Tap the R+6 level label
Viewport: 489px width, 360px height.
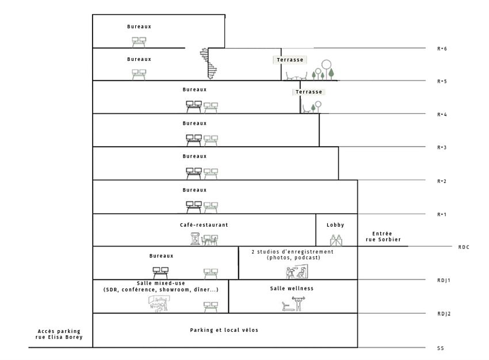tap(442, 49)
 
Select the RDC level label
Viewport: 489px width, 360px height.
tap(464, 247)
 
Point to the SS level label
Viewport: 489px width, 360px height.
tap(440, 348)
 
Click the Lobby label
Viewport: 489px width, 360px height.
tap(335, 225)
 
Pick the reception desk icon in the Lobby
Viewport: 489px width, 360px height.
tap(336, 240)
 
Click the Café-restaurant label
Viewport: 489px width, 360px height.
tap(204, 225)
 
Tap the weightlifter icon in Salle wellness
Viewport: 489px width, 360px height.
tap(299, 304)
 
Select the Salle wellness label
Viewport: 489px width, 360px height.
tap(292, 288)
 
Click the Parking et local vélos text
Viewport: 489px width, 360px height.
tap(224, 330)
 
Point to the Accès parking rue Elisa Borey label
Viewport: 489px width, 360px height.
tap(59, 334)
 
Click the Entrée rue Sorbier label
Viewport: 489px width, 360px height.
tap(383, 236)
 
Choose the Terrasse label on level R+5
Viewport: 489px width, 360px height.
tap(290, 60)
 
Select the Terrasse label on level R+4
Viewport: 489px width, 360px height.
tap(309, 91)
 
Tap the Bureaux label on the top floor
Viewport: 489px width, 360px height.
tap(139, 26)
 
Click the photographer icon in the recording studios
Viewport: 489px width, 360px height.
tap(291, 273)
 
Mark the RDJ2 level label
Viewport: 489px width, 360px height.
tap(444, 313)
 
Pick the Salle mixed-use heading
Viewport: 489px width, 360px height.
tap(161, 283)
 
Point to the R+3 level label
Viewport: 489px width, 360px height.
tap(442, 147)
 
